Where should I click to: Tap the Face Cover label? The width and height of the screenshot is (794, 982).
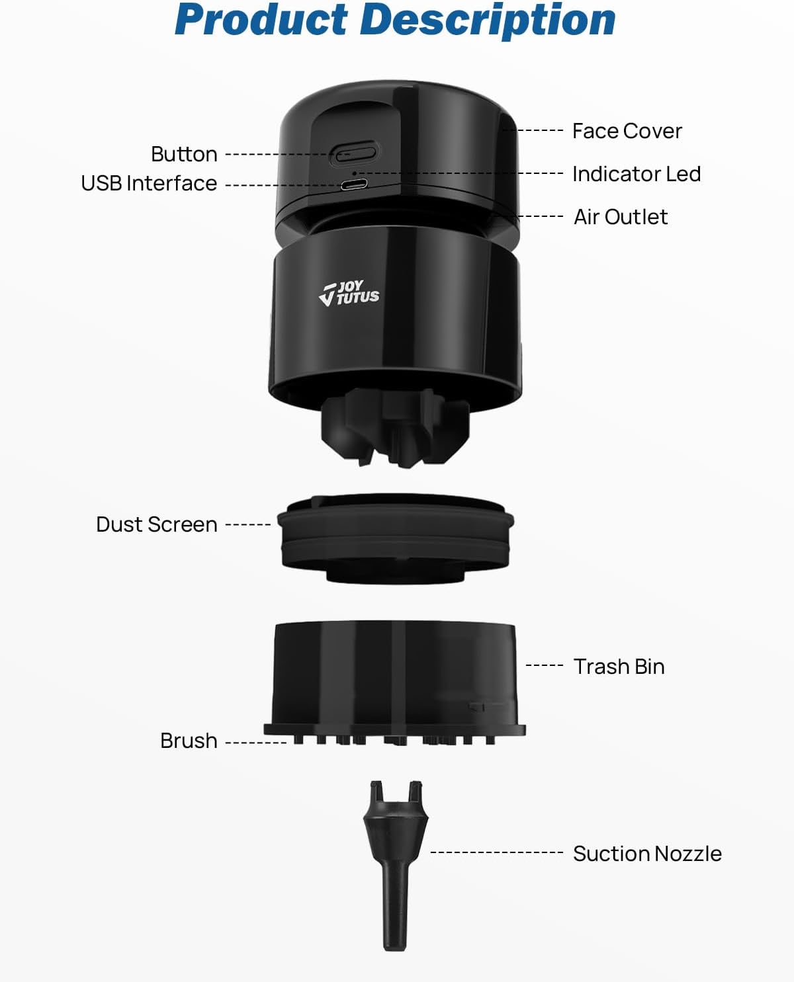(627, 131)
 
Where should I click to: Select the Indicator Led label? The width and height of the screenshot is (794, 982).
(637, 174)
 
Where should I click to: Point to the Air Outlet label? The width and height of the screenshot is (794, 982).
(621, 217)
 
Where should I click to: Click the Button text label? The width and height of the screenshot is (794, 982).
(184, 154)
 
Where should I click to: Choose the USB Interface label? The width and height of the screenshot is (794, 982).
(149, 183)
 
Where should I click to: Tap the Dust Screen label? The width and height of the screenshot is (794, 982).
(157, 524)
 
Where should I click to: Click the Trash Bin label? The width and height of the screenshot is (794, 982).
(619, 667)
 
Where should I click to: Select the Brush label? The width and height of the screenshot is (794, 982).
(189, 741)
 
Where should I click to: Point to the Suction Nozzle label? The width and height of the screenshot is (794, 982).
(647, 853)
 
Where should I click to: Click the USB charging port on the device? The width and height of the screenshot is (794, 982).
(355, 185)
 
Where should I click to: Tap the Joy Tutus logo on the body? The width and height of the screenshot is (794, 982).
(349, 292)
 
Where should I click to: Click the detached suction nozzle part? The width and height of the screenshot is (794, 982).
(396, 865)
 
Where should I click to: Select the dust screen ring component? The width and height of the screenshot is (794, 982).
(396, 538)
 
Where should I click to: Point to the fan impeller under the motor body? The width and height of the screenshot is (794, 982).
(396, 427)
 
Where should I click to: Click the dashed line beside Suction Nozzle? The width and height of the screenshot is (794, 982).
(496, 852)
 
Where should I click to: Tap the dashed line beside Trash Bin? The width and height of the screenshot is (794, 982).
(545, 665)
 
